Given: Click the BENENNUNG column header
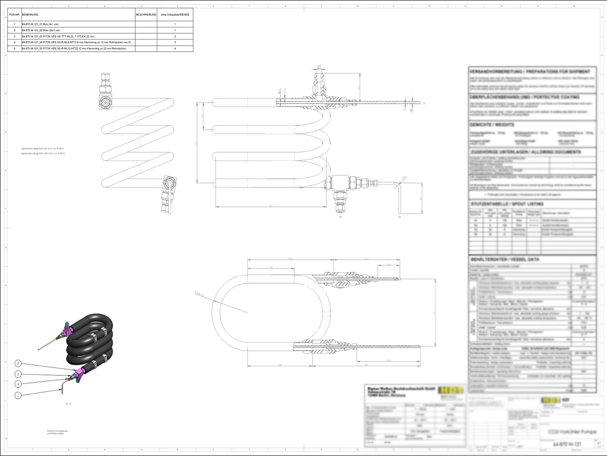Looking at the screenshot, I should point(30,15).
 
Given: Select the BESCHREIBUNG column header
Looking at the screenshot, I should point(146,15).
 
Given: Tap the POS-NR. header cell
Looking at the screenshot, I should point(14,15).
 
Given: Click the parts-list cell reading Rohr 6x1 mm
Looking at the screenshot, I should point(45,24).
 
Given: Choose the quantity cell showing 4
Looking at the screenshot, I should point(175,49).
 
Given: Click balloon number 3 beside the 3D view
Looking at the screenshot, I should point(18,364).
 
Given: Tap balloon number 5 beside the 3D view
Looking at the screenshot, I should point(18,374).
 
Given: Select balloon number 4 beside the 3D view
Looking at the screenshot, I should point(18,384).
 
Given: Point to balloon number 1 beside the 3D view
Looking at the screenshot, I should point(18,396).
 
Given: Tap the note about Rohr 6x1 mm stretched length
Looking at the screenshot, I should point(43,149).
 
